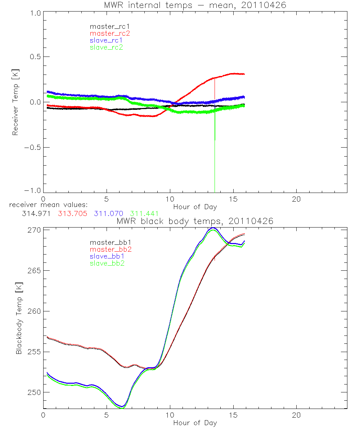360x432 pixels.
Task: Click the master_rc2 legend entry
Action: point(109,33)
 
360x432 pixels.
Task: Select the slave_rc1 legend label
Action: point(106,40)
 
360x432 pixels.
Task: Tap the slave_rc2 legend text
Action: point(106,47)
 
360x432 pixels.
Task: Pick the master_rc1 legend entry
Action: point(109,26)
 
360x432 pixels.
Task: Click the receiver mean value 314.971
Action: point(35,213)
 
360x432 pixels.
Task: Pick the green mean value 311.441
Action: point(144,213)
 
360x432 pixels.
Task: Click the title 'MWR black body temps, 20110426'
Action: point(195,221)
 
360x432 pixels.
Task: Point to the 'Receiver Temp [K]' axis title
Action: point(15,102)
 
